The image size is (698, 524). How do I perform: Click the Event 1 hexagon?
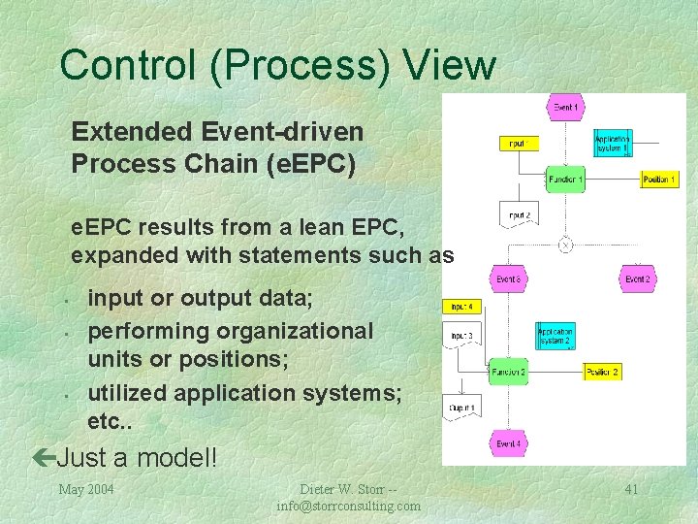[x=564, y=107]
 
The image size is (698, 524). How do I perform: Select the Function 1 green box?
[x=564, y=180]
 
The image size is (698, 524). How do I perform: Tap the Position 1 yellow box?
[x=659, y=180]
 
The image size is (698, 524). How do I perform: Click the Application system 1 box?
[x=613, y=143]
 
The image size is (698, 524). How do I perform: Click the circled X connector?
[x=565, y=245]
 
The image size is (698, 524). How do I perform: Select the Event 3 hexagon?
[x=508, y=279]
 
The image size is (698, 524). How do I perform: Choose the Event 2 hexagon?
[x=637, y=279]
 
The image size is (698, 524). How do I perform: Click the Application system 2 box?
[x=555, y=336]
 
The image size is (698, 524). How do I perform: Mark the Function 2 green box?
[x=508, y=372]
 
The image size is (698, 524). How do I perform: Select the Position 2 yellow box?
[x=602, y=372]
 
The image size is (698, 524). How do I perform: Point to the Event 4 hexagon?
[x=508, y=443]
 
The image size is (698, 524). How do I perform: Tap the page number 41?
[x=631, y=489]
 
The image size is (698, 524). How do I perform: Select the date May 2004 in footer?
[x=86, y=489]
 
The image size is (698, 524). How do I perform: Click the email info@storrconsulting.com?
[x=349, y=506]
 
